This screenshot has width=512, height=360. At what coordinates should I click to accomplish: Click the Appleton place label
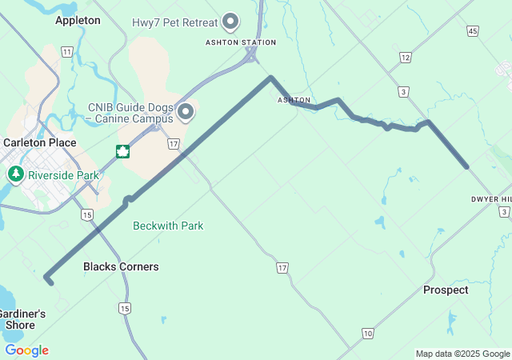tap(78, 20)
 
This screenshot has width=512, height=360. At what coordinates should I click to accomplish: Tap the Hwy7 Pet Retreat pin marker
tap(232, 21)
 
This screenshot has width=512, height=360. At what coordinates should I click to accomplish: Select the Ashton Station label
tap(241, 42)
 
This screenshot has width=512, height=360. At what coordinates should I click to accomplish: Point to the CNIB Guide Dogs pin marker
tap(186, 111)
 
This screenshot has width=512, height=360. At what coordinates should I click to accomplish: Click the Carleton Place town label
tap(40, 142)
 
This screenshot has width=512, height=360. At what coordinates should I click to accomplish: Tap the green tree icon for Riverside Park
tap(15, 174)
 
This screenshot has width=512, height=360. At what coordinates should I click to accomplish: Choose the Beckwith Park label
tap(168, 226)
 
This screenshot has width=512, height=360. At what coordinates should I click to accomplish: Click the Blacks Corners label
tap(121, 266)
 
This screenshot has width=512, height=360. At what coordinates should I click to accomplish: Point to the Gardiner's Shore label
tap(21, 319)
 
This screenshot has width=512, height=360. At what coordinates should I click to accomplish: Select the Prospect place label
tap(446, 290)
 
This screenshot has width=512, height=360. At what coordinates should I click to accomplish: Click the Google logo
tap(26, 350)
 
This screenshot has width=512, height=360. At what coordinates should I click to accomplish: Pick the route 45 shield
tap(473, 30)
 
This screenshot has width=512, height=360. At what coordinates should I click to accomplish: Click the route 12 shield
tap(406, 57)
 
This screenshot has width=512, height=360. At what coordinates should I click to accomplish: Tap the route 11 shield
tap(66, 51)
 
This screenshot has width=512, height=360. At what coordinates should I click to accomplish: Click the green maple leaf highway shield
tap(122, 151)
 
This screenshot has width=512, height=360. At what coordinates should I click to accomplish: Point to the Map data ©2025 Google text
tap(462, 354)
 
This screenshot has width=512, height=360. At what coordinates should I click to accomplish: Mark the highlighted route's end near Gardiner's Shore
tap(49, 281)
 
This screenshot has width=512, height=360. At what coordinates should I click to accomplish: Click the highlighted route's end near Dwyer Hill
tap(466, 166)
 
